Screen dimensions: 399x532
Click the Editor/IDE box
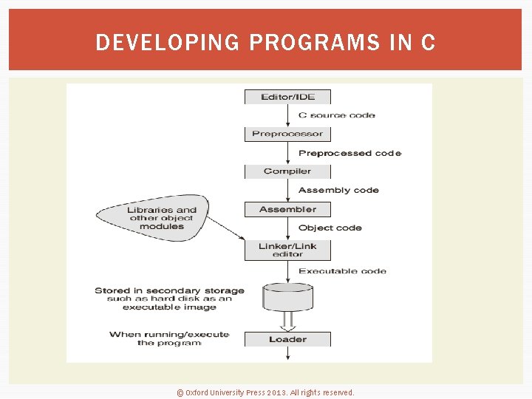pyautogui.click(x=287, y=97)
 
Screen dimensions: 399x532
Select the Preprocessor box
pyautogui.click(x=287, y=134)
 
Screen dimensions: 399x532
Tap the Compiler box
pyautogui.click(x=287, y=171)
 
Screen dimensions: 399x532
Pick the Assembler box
pyautogui.click(x=287, y=209)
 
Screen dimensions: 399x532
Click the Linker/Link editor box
pyautogui.click(x=287, y=250)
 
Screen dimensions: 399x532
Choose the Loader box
pyautogui.click(x=287, y=339)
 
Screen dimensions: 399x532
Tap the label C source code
pyautogui.click(x=336, y=115)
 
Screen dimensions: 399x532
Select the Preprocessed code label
pyautogui.click(x=349, y=153)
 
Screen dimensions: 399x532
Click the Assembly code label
pyautogui.click(x=338, y=190)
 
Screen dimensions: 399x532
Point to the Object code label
pyautogui.click(x=330, y=228)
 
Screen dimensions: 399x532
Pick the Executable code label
pyautogui.click(x=342, y=271)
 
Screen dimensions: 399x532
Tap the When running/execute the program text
pyautogui.click(x=169, y=338)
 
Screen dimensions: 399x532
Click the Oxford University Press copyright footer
pyautogui.click(x=265, y=392)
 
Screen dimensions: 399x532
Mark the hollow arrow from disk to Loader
pyautogui.click(x=287, y=322)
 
